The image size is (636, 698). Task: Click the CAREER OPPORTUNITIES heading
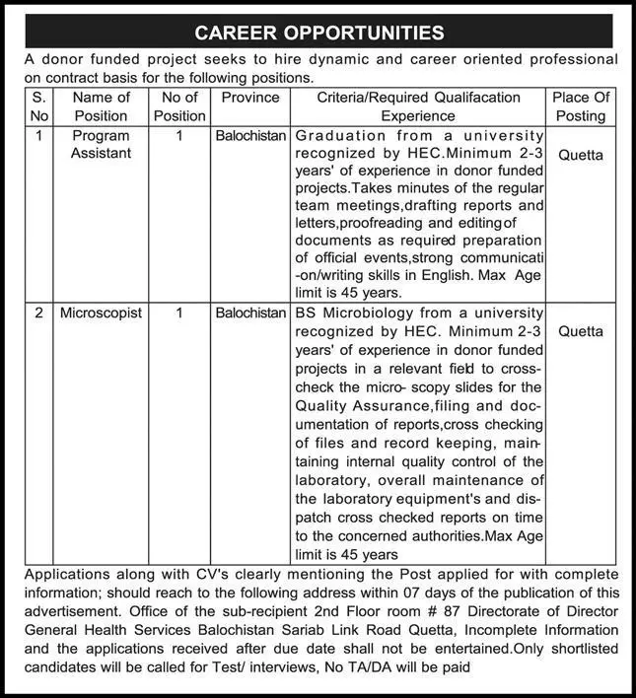pos(318,33)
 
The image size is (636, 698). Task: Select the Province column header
pos(250,98)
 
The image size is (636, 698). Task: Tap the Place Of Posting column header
pos(581,106)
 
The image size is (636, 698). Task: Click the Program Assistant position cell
pos(101,144)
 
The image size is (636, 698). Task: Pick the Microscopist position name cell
pos(101,313)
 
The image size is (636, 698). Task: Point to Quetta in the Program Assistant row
pos(581,155)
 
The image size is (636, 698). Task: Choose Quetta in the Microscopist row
pos(581,331)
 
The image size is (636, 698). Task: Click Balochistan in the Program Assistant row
pos(250,135)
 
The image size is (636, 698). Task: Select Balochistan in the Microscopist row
pos(250,313)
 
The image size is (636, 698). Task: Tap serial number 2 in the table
pos(38,313)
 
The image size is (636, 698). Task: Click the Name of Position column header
pos(101,106)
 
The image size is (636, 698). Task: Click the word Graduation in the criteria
pos(340,135)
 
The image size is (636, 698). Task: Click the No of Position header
pos(179,106)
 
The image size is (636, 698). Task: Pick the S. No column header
pos(38,106)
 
